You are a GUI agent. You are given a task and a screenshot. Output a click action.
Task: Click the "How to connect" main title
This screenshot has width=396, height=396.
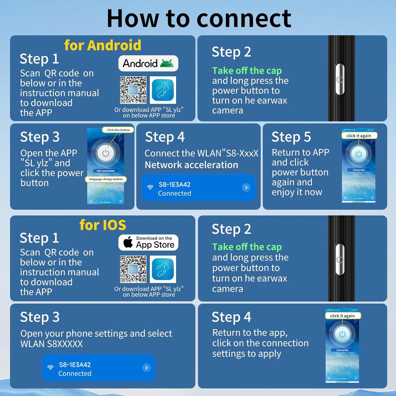pos(199,18)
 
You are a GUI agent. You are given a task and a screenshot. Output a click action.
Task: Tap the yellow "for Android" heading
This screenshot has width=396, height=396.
pos(103,45)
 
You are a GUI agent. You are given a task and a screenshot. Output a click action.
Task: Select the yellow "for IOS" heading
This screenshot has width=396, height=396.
pos(103,225)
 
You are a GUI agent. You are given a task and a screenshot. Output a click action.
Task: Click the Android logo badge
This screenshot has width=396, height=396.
pos(148,63)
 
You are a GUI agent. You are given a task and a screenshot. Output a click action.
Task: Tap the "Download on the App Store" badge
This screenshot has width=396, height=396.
pos(148,242)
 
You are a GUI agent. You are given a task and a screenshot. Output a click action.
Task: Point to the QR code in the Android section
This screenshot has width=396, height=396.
pos(133,90)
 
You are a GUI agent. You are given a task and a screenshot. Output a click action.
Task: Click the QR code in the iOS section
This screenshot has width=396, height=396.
pos(133,269)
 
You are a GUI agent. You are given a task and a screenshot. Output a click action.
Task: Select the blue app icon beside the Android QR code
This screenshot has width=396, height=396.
pos(163,90)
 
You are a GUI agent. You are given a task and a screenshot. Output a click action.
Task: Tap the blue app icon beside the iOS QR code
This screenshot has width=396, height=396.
pos(163,269)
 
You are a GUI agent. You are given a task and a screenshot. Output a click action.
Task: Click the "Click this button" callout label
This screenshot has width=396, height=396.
pos(118,130)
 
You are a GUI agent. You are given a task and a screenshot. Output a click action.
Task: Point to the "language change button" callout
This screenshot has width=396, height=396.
pos(106,179)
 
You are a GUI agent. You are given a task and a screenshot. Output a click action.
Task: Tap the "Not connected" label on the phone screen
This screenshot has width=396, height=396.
pos(106,171)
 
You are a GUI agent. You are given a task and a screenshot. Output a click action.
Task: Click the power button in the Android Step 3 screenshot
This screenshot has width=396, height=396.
pos(106,153)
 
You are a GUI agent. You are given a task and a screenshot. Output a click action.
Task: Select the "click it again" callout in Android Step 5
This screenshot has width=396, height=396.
pos(359,136)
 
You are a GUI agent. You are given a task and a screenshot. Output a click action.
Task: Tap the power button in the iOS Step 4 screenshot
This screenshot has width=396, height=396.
pos(342,334)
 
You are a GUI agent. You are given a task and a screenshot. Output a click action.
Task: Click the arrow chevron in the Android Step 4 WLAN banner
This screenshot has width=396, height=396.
pos(246,187)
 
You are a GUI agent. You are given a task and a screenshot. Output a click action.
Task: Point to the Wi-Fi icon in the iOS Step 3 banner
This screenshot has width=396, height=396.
pos(50,367)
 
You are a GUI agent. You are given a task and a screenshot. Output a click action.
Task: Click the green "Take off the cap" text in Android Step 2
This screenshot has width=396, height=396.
pos(247,71)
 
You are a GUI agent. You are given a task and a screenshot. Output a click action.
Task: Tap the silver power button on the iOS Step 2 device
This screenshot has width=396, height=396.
pos(340,260)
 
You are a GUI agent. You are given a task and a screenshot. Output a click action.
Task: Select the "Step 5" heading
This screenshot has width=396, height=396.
pos(291,137)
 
